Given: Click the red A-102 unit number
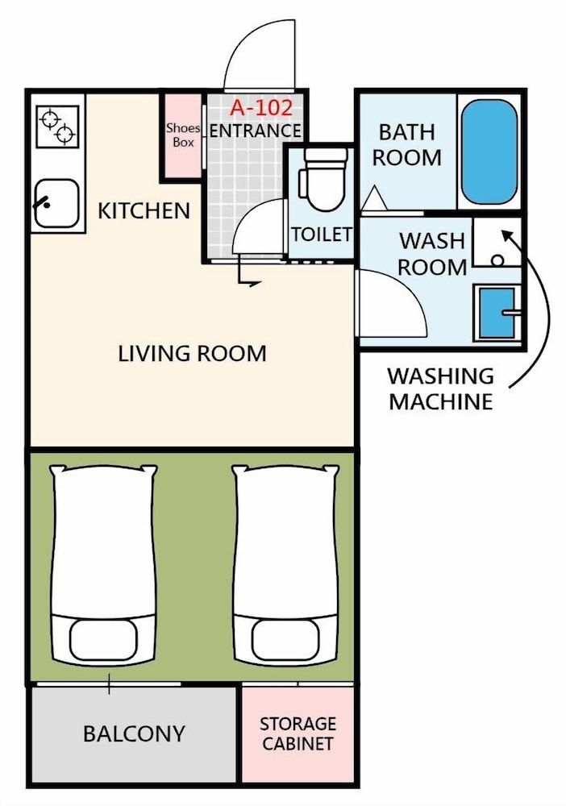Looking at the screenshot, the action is pos(261,107).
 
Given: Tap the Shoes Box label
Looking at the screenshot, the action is pos(183,135).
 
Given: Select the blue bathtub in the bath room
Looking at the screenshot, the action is pos(489,152).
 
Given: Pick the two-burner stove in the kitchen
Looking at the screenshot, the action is pos(57,127).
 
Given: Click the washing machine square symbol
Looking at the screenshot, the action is pos(497,242).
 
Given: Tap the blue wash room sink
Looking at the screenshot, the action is pos(497,313).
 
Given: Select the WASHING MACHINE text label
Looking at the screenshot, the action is pos(441,388).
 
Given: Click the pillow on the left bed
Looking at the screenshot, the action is pos(103,639).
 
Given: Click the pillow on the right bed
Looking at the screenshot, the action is pos(286,639).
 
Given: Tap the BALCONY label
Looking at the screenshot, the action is pos(134,733).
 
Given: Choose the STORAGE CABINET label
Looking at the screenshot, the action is pos(298,733).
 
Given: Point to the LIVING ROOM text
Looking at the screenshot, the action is pos(192,354).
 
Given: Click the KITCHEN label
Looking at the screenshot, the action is pos(144,210).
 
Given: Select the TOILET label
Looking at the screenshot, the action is pos(322,235).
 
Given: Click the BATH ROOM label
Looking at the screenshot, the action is pos(406,145).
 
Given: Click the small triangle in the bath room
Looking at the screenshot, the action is pos(374,199).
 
